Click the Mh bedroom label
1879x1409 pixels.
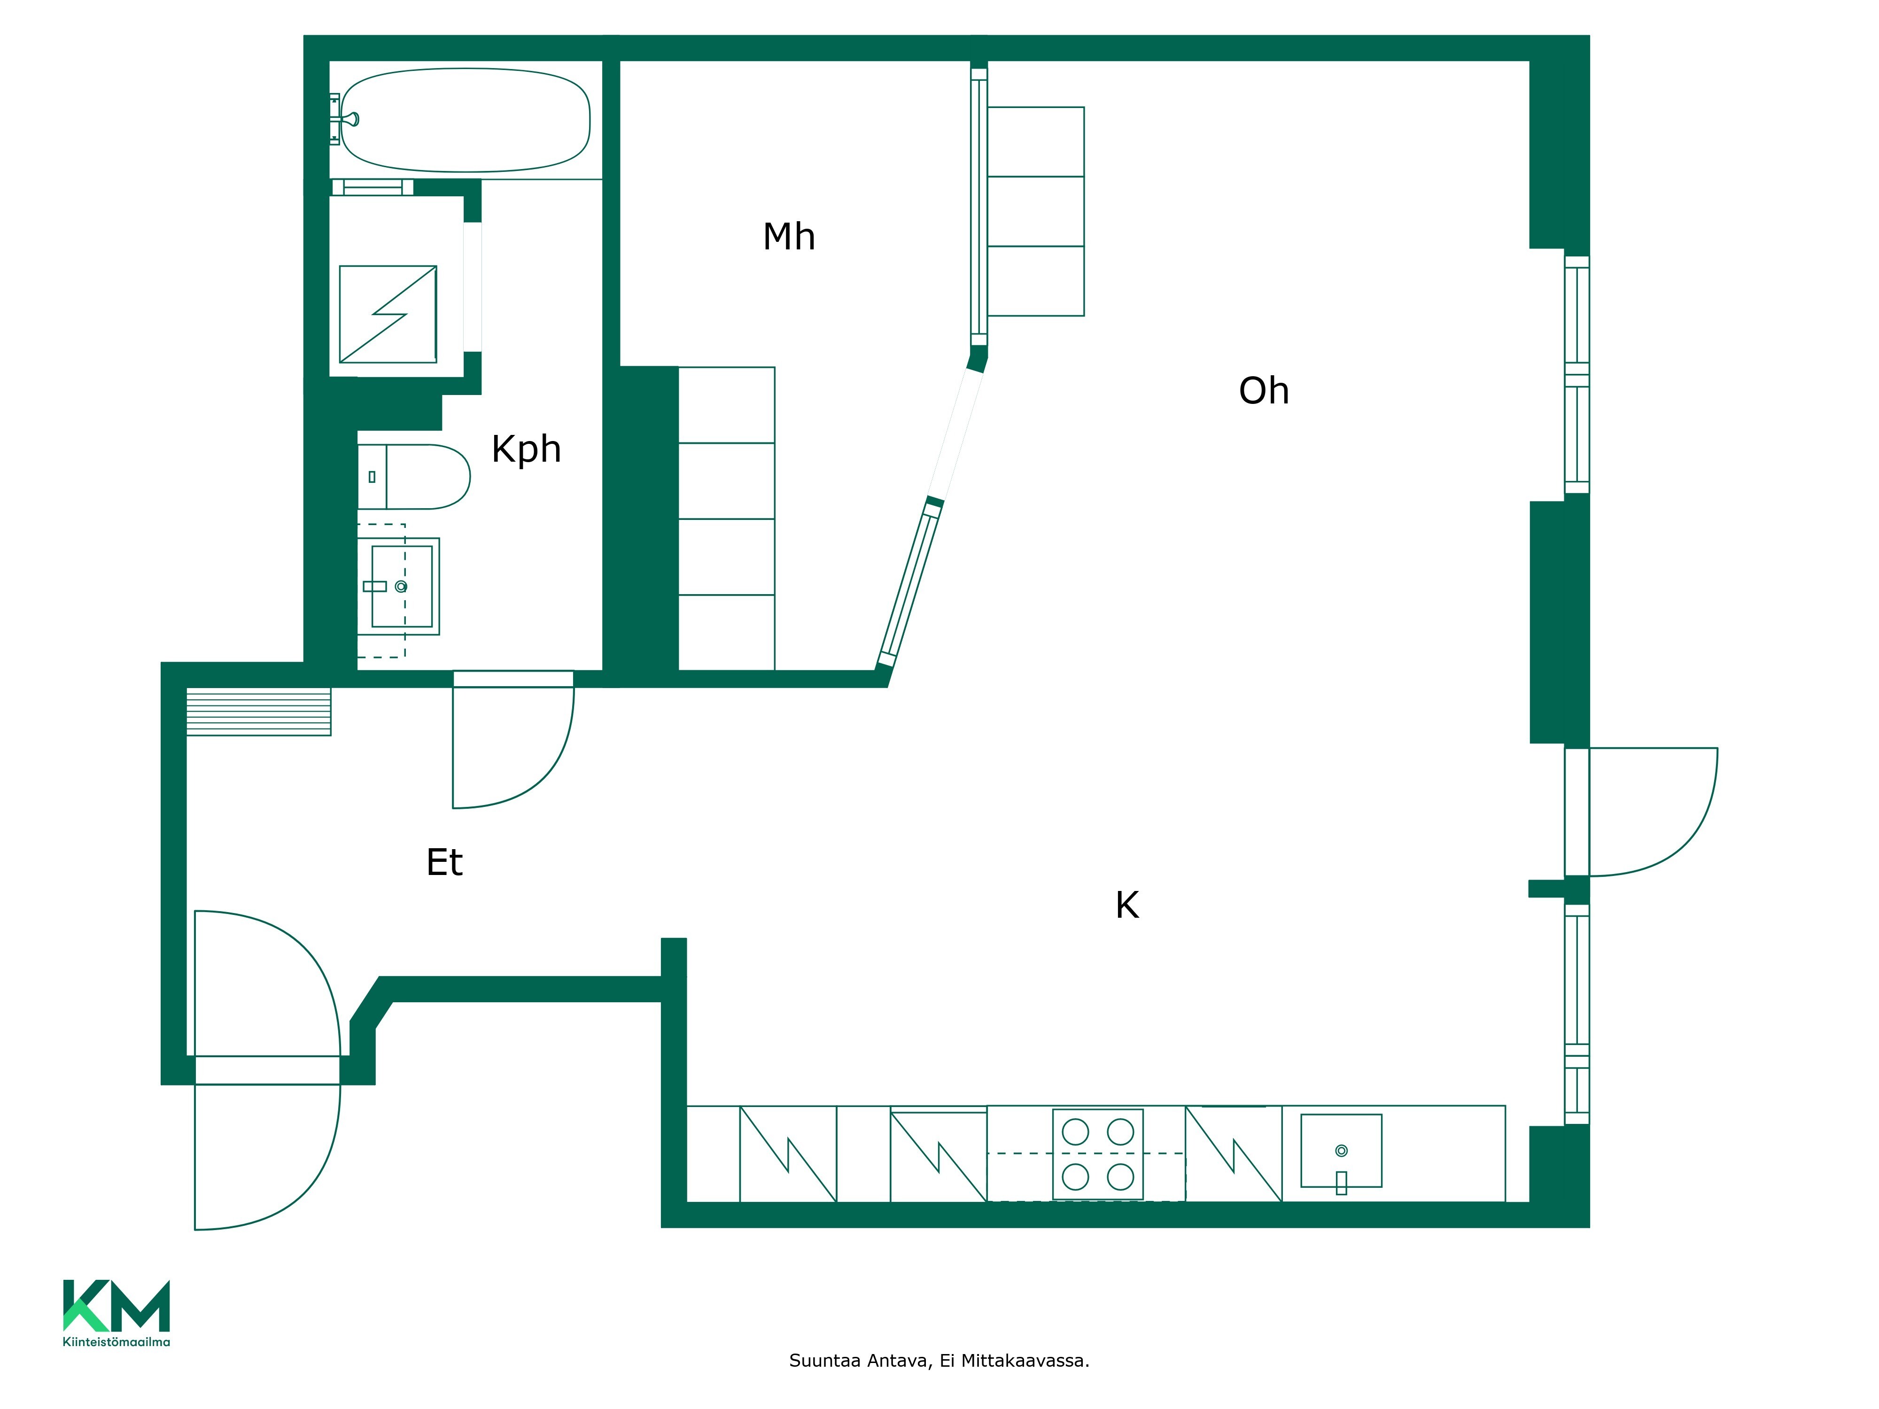789,237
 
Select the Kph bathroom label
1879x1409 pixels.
527,450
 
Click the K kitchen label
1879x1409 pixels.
1127,906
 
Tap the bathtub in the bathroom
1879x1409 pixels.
466,120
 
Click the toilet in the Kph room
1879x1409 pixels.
414,476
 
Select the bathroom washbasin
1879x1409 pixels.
399,586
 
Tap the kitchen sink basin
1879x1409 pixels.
1341,1151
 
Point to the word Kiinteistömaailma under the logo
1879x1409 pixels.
116,1342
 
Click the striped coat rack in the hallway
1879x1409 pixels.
258,711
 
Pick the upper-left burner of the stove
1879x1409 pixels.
1075,1132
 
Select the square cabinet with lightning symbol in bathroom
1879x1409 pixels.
388,314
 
